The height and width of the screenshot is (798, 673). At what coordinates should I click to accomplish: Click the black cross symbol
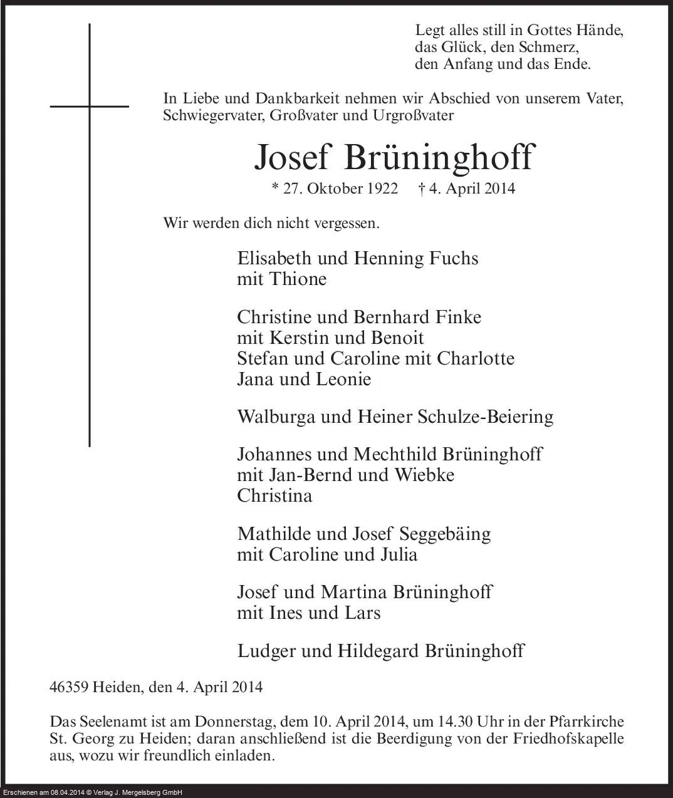tap(90, 106)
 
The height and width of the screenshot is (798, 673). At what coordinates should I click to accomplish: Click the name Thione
tap(298, 279)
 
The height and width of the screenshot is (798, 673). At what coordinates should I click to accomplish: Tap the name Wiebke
tap(424, 475)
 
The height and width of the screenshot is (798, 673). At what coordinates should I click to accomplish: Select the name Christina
tap(274, 495)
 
